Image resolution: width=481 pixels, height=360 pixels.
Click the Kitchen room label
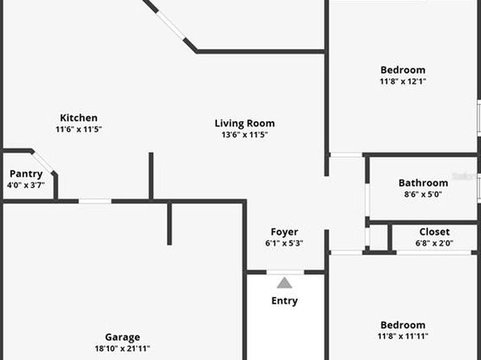[78, 118]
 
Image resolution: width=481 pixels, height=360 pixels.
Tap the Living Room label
[245, 123]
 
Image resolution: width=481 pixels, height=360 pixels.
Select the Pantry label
[26, 174]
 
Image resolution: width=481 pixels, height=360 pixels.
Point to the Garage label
[123, 337]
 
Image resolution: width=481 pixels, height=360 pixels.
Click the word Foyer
[284, 232]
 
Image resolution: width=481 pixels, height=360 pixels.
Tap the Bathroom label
[423, 183]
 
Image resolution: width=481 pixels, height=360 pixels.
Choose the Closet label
[434, 232]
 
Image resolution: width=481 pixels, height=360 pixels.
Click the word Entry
[284, 301]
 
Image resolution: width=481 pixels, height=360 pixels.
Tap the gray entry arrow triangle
[284, 283]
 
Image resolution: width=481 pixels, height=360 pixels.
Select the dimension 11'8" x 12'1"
[403, 82]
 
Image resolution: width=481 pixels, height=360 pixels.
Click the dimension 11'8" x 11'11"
[403, 337]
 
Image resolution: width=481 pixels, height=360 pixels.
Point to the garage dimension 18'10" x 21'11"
[123, 349]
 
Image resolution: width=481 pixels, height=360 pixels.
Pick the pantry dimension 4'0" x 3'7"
[26, 185]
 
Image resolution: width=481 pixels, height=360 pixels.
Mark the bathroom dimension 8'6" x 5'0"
[423, 195]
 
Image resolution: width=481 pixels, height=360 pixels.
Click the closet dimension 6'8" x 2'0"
[434, 243]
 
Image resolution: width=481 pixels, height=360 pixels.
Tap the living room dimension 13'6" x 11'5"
[245, 135]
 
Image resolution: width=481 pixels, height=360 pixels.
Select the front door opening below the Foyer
[285, 272]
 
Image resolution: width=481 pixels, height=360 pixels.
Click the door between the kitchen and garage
[95, 201]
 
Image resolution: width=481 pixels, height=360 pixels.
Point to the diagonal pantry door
[43, 161]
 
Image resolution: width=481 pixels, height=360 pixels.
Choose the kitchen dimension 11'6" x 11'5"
[78, 129]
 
